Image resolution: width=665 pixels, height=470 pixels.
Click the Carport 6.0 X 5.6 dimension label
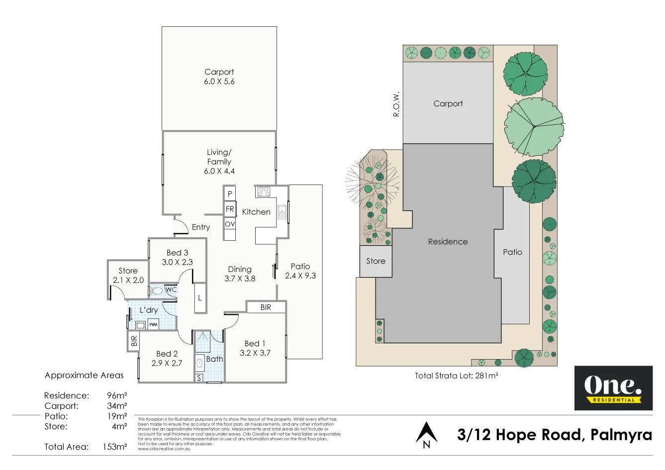pos(219,82)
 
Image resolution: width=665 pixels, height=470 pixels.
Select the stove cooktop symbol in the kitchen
pos(264,191)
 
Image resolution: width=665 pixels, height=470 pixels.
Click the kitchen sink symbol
pos(282,212)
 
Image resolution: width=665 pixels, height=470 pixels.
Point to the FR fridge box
pos(229,209)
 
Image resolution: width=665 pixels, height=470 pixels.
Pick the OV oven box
pos(229,224)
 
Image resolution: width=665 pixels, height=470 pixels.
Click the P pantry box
pos(229,194)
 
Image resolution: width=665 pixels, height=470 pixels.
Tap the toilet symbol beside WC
pos(156,290)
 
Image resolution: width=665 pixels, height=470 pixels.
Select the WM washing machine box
pos(153,325)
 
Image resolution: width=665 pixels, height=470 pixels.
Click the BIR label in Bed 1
pos(266,307)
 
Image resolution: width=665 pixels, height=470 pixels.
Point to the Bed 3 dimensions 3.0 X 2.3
pos(177,262)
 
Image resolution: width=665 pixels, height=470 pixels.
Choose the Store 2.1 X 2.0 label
pos(128,276)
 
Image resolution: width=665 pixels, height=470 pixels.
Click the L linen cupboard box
pos(200,298)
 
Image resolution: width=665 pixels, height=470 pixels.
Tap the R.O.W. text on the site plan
pos(396,104)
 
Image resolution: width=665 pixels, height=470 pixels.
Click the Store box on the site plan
pos(376,261)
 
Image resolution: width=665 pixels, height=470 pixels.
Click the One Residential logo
pos(613,388)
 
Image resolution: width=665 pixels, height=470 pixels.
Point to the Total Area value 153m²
pos(114,447)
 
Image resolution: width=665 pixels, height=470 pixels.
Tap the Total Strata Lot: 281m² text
pos(456,376)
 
